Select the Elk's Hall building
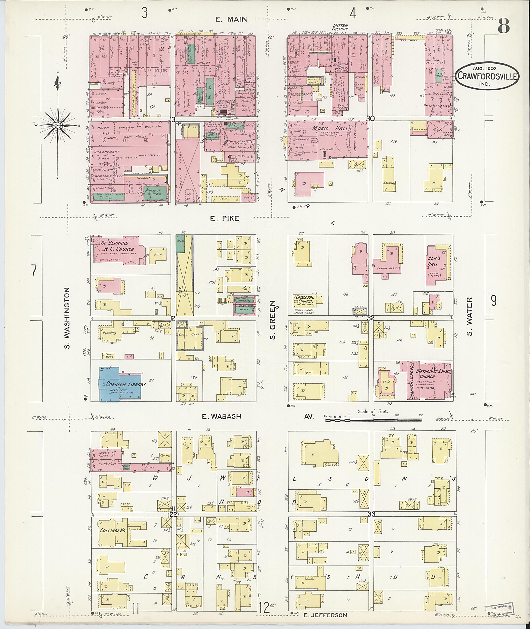click(437, 265)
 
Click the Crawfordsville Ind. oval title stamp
click(488, 76)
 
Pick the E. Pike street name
click(224, 219)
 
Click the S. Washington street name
click(67, 318)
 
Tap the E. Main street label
click(231, 19)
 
